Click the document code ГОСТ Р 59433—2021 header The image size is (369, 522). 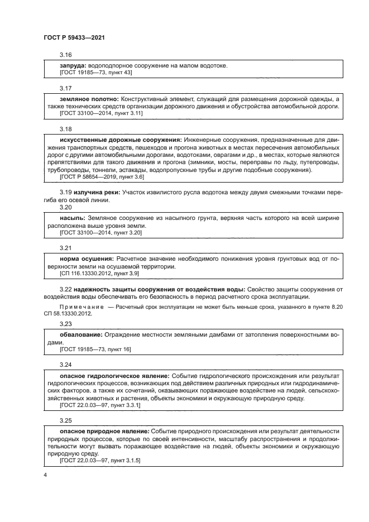click(x=74, y=37)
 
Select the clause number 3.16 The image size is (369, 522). click(x=66, y=55)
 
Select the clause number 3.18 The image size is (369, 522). click(x=66, y=129)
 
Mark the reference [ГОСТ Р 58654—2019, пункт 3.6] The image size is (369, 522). click(x=102, y=176)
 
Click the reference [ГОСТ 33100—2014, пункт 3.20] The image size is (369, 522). click(x=101, y=232)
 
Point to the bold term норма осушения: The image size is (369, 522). click(x=87, y=258)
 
